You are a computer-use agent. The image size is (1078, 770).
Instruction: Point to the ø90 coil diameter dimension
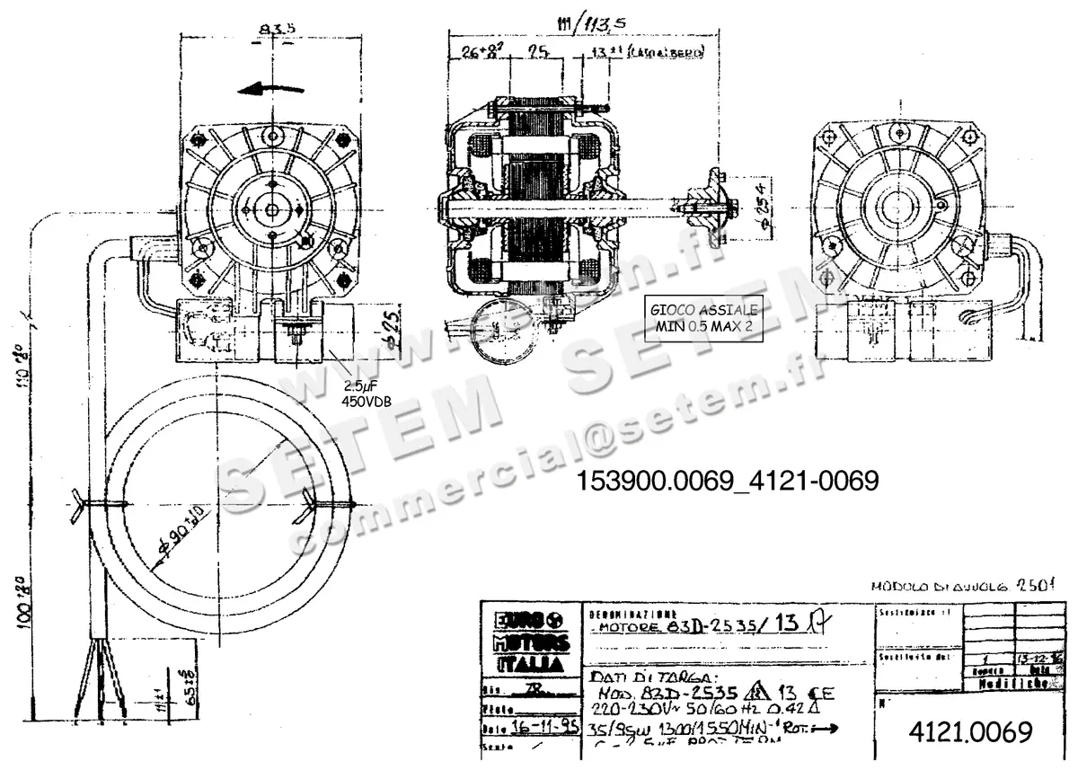(176, 535)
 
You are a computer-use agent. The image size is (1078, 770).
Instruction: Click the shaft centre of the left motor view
(273, 209)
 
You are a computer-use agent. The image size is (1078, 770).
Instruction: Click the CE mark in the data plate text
(819, 693)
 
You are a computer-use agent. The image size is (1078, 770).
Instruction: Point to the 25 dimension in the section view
(538, 51)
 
